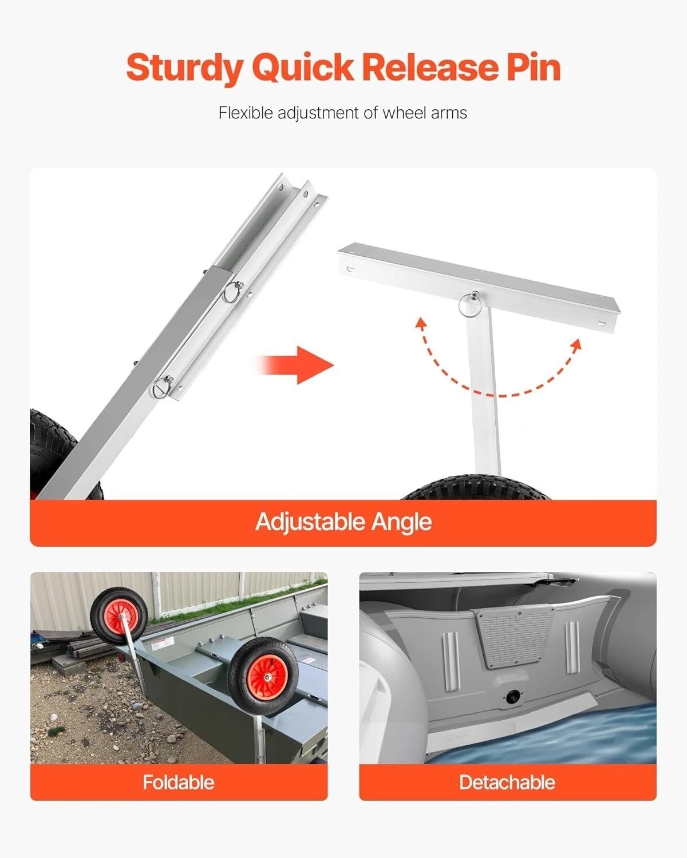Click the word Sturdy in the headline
click(184, 68)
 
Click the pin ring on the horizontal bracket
click(468, 304)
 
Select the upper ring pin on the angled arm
click(233, 292)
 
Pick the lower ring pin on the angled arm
click(162, 387)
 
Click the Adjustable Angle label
click(343, 522)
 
